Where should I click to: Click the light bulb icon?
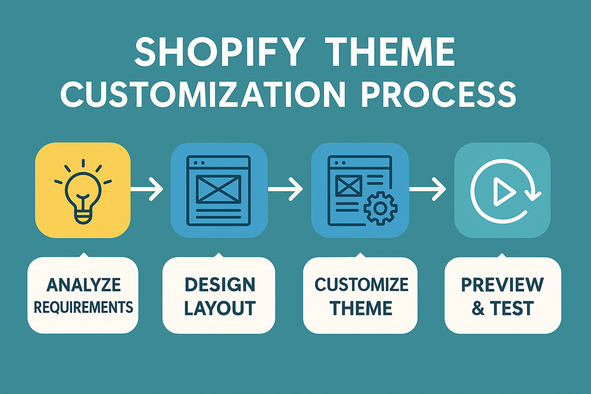(83, 190)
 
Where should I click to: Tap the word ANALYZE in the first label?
(83, 285)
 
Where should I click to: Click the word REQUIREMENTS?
(83, 306)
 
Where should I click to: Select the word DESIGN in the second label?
(220, 285)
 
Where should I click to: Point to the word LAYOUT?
(220, 307)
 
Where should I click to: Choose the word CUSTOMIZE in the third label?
(361, 285)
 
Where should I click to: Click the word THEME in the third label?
(361, 307)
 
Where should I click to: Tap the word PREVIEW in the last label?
(502, 285)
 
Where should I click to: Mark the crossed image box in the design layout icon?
(219, 188)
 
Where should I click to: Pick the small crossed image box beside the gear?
(350, 186)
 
